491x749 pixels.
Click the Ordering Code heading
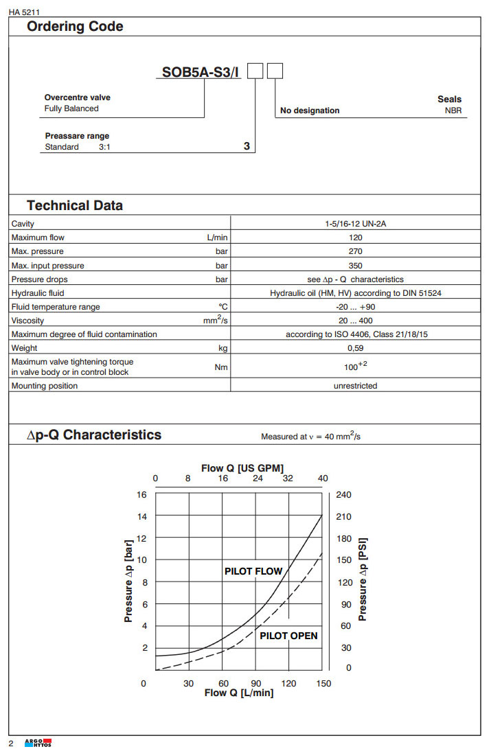75,27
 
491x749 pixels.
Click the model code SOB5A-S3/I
201,71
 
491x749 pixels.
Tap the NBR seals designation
453,110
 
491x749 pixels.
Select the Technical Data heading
75,205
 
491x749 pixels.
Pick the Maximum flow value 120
356,238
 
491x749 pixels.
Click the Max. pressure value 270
356,251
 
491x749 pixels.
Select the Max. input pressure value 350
356,266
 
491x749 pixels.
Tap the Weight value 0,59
356,349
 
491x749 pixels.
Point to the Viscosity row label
27,321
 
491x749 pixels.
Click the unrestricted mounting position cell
356,386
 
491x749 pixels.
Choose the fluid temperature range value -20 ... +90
356,307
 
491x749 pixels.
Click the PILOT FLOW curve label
253,571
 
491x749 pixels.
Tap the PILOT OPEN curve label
288,636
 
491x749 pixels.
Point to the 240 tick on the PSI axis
344,494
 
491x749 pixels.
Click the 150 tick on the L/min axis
323,683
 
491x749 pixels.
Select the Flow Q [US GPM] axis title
242,468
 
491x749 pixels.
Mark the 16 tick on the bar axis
142,494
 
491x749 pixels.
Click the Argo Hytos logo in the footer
38,742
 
